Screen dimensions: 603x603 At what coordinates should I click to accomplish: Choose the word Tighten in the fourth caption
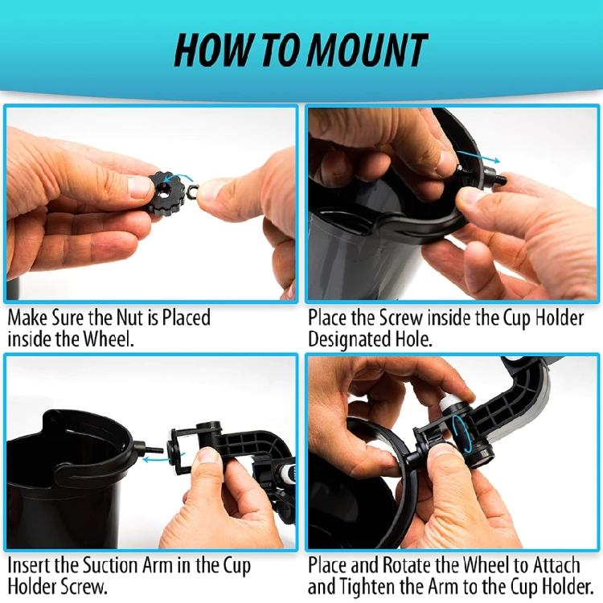(370, 586)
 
